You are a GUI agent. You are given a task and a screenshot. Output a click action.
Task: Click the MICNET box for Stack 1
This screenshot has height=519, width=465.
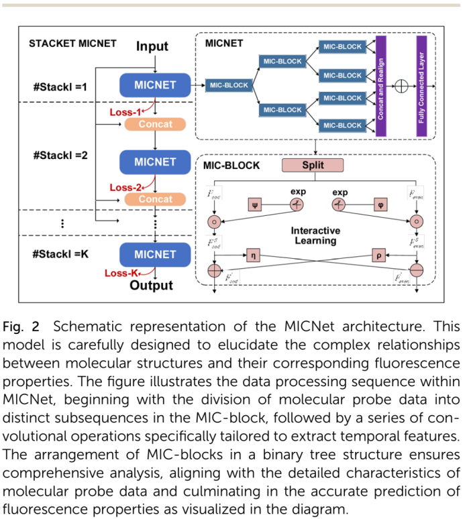point(155,85)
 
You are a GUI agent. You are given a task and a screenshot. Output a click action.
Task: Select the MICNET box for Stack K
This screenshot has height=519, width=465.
point(155,254)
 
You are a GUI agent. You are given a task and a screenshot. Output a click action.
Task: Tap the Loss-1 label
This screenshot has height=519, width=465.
point(125,112)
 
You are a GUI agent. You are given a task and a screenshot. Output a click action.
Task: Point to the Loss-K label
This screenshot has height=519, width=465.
point(121,273)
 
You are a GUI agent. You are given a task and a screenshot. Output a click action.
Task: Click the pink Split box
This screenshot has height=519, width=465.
point(312,165)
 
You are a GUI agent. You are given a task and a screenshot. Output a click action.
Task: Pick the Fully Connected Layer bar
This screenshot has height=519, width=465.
point(421,86)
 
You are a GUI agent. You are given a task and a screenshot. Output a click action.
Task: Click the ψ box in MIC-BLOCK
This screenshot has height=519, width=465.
point(254,204)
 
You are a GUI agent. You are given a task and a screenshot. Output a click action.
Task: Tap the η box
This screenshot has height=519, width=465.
point(254,255)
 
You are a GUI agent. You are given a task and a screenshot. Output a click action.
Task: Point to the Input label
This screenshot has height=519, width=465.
point(152,46)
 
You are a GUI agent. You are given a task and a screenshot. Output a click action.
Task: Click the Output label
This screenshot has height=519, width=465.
point(151,286)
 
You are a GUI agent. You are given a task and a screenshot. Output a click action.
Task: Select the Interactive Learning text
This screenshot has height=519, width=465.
point(315,235)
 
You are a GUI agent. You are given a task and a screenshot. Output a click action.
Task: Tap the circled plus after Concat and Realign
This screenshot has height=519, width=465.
point(401,86)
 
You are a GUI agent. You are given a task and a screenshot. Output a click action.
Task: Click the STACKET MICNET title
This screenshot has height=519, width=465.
point(72,44)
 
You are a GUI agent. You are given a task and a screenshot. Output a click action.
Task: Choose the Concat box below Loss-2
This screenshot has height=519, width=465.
point(155,199)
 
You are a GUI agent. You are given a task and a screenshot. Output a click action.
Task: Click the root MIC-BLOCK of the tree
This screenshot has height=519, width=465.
point(229,85)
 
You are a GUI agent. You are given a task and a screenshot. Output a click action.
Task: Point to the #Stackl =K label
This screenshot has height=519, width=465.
point(66,254)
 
